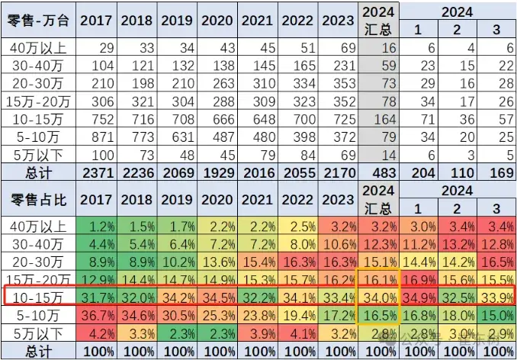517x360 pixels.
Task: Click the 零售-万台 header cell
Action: coord(38,21)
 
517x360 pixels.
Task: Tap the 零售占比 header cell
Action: coord(38,200)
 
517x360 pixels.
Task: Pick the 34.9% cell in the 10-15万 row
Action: coord(419,294)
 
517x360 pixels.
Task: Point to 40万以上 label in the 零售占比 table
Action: coord(38,227)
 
